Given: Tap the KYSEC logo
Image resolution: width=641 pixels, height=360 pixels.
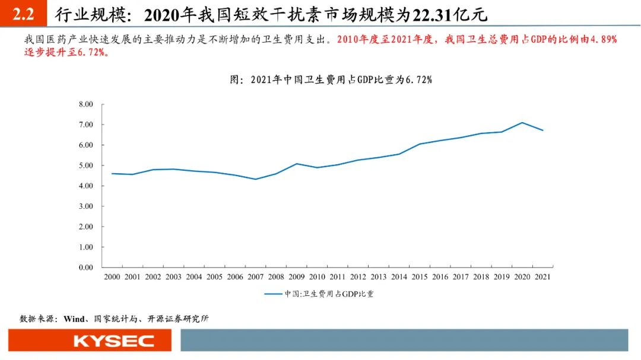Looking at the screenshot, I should (x=113, y=341).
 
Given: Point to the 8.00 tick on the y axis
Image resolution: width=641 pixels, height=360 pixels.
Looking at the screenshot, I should (x=86, y=104).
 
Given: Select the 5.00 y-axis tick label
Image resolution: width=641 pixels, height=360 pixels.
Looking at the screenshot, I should (x=86, y=165).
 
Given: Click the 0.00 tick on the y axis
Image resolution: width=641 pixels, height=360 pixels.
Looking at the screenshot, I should (x=86, y=267).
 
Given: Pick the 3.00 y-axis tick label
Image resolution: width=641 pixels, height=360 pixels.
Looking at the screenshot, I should (x=86, y=206).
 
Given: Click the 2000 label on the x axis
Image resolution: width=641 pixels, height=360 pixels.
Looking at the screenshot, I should (x=112, y=277).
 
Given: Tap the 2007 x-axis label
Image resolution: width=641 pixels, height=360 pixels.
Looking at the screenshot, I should (x=255, y=277).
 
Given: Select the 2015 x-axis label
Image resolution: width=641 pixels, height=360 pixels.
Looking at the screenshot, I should (x=420, y=277).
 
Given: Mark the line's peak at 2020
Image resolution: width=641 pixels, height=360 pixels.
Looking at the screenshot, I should (x=522, y=123).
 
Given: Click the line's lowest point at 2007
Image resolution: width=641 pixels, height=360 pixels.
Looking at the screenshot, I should (x=255, y=179).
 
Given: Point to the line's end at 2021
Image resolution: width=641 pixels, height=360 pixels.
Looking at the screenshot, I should (x=542, y=130).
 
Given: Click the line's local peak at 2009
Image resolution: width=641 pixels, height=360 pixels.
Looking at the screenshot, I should (x=296, y=164).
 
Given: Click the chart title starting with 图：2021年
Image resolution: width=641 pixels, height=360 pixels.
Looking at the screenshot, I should (x=331, y=79).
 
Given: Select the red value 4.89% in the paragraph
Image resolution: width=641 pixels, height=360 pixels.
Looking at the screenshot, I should (x=600, y=40).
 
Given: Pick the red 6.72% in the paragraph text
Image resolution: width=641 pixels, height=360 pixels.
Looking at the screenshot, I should (x=91, y=52).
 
